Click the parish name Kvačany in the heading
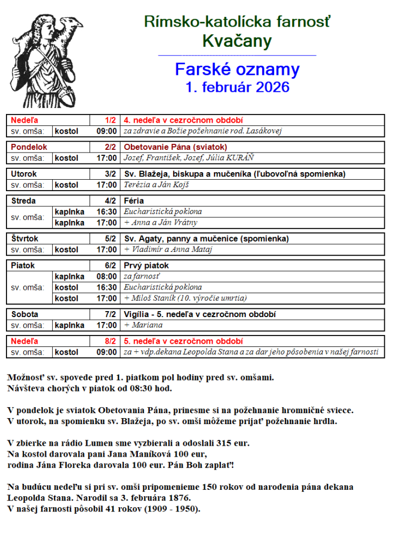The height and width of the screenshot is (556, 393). coord(237,41)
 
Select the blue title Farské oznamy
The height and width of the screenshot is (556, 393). coord(237,69)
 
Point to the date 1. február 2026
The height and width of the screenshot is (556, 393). coord(237,87)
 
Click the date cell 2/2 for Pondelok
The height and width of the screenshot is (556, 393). coord(110,147)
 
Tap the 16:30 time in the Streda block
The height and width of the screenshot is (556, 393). coord(107,212)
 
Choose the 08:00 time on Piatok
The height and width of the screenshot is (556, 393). coord(107,276)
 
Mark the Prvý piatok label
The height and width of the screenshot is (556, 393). coord(147,266)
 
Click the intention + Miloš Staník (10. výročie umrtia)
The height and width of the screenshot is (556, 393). coord(186,298)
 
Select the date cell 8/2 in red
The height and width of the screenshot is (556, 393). coord(110,342)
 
